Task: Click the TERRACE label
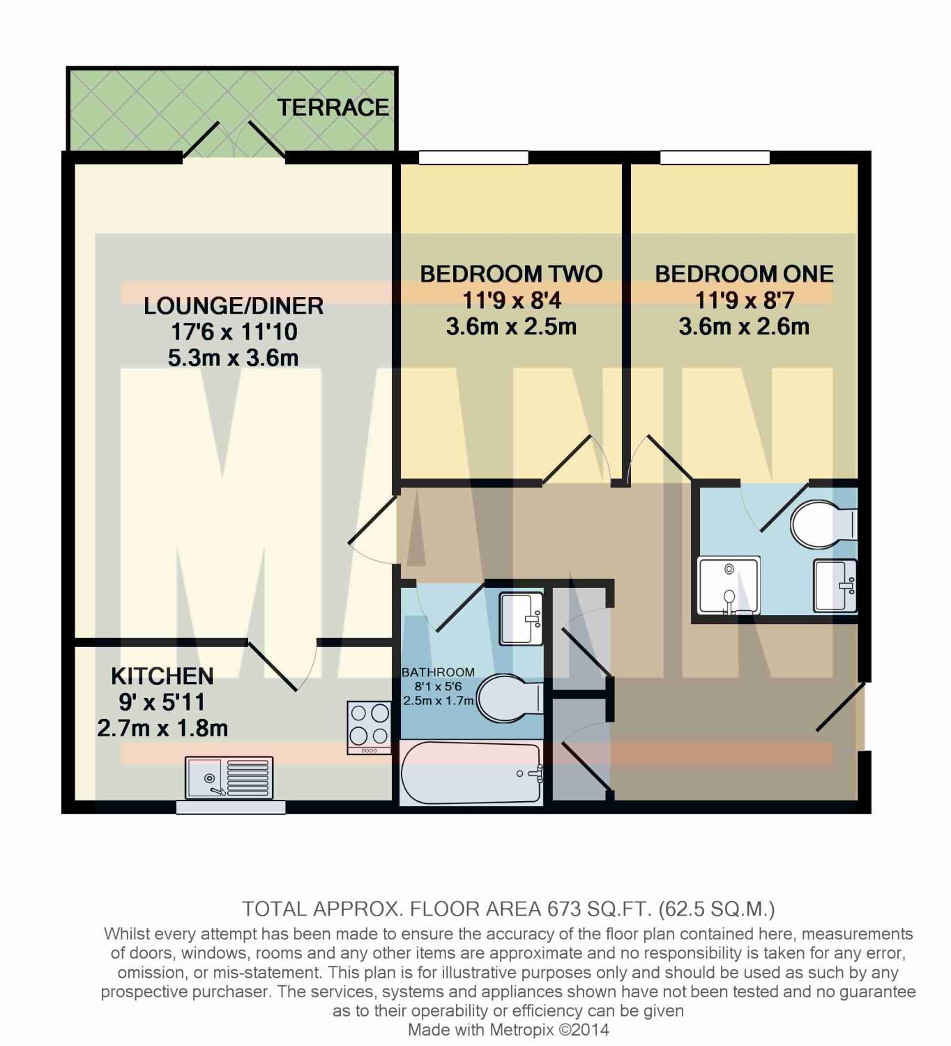point(333,108)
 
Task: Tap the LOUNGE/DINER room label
point(234,306)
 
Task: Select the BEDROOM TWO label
point(512,274)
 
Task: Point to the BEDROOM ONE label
point(745,274)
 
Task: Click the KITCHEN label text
point(162,676)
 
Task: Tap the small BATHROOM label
point(438,672)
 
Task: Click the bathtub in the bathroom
point(471,773)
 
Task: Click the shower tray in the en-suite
point(729,586)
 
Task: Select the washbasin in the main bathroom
point(522,619)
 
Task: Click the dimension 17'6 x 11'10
point(234,332)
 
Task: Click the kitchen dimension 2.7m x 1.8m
point(162,729)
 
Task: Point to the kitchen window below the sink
point(231,808)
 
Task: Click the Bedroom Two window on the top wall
point(473,158)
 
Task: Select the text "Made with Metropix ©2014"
point(508,1030)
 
